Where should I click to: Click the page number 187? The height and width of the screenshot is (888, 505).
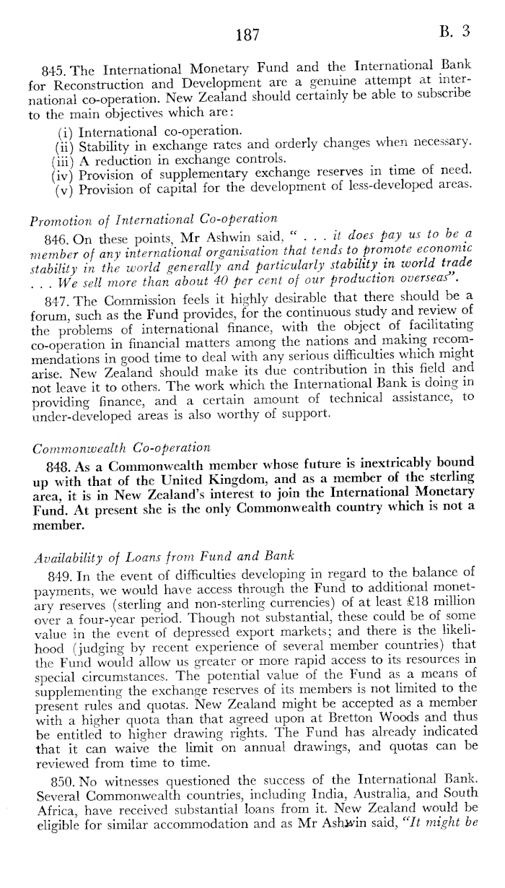[x=247, y=35]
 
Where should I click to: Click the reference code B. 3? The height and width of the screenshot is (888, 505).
[x=455, y=32]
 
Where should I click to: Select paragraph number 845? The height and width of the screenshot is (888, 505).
[x=54, y=71]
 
